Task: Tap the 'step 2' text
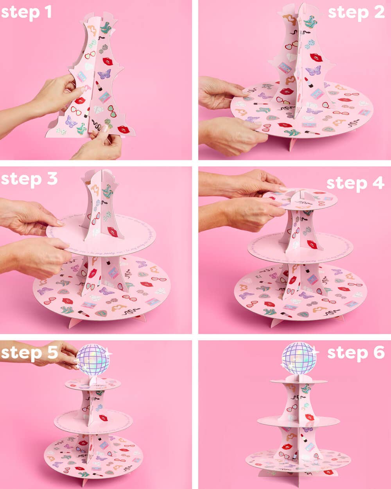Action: point(356,12)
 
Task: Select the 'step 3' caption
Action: point(29,179)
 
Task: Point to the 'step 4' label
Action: point(355,183)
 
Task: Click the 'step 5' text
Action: point(29,352)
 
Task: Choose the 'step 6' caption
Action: point(356,352)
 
